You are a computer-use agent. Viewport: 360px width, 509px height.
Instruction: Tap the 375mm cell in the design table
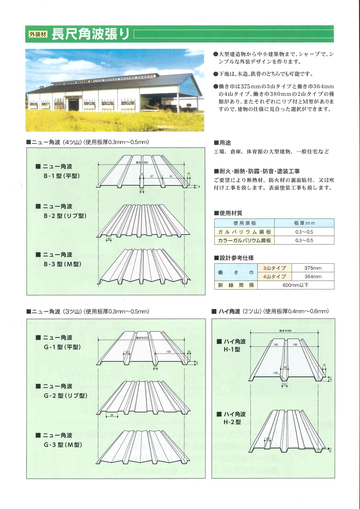(x=313, y=268)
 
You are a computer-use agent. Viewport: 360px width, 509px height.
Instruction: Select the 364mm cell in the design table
(x=313, y=277)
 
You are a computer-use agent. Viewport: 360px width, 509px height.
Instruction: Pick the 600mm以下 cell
(x=296, y=285)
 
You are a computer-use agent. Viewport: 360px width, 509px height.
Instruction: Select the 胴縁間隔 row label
(x=236, y=285)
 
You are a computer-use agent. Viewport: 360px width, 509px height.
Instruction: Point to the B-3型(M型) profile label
(x=62, y=259)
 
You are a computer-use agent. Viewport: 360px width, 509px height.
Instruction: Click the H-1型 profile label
(x=234, y=345)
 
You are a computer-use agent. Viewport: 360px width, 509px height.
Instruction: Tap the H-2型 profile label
(x=234, y=418)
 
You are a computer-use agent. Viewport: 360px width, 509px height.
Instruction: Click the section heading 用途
(x=222, y=143)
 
